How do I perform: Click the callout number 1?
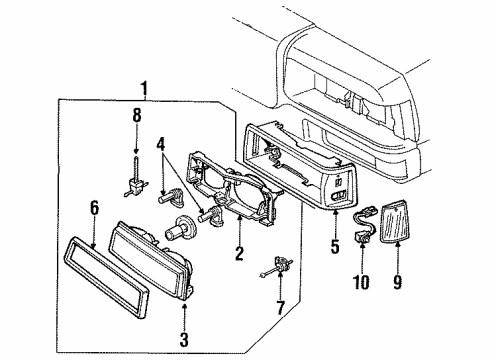click(x=146, y=89)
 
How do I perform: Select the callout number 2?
click(x=238, y=254)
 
